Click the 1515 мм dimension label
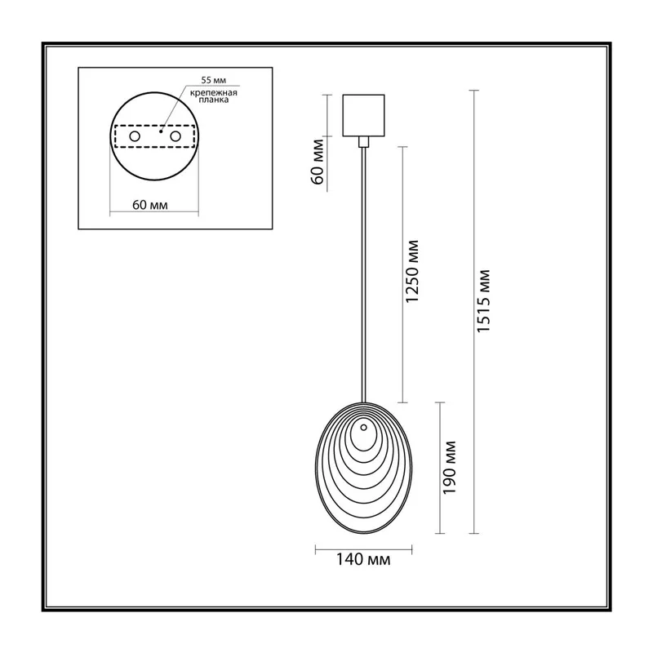coord(483,300)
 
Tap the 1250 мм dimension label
coord(412,271)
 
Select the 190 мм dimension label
coord(450,467)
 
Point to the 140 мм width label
coord(363,559)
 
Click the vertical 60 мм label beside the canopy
coord(318,162)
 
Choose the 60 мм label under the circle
coord(150,205)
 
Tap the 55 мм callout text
coord(214,80)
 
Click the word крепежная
coord(214,93)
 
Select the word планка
coord(214,100)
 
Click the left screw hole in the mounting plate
coord(135,136)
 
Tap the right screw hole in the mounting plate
coord(175,136)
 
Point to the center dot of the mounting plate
coord(160,131)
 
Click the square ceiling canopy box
coord(363,115)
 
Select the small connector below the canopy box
coord(363,141)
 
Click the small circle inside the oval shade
coord(363,427)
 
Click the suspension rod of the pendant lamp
coord(364,274)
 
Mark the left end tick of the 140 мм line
coord(316,549)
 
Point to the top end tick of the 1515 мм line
coord(473,91)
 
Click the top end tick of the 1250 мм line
coord(402,147)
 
